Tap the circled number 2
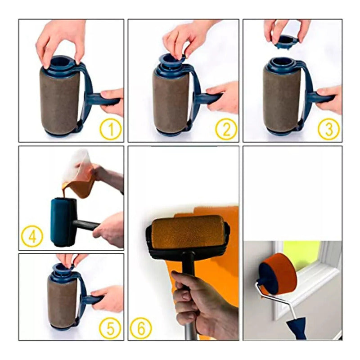(226, 129)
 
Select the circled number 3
(328, 129)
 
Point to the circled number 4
(32, 236)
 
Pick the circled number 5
(110, 329)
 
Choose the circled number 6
(141, 328)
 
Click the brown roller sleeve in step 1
(60, 100)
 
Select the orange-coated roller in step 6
(188, 232)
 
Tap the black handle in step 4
(86, 225)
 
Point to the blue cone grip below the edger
(298, 327)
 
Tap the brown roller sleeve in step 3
(282, 100)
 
